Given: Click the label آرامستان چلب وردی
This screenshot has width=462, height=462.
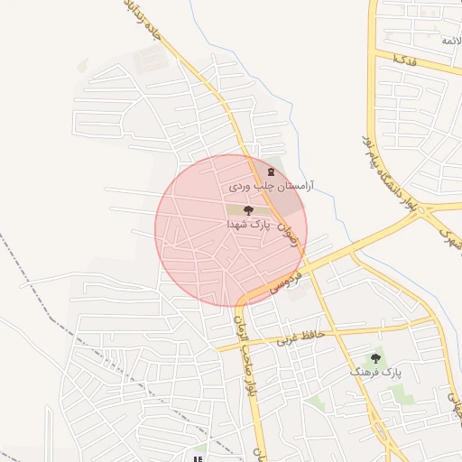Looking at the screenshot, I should [x=263, y=185].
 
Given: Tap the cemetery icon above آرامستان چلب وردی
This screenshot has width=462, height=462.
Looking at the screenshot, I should [x=269, y=171].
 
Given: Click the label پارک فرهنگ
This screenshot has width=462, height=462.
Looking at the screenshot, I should [x=378, y=371].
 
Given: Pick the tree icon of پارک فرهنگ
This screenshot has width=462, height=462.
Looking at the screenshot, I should [x=376, y=358].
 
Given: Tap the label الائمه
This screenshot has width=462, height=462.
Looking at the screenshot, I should [x=450, y=42].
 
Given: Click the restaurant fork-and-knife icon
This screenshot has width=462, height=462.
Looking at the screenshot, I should [x=199, y=448].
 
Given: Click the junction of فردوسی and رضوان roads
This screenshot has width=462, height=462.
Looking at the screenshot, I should [x=303, y=262].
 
